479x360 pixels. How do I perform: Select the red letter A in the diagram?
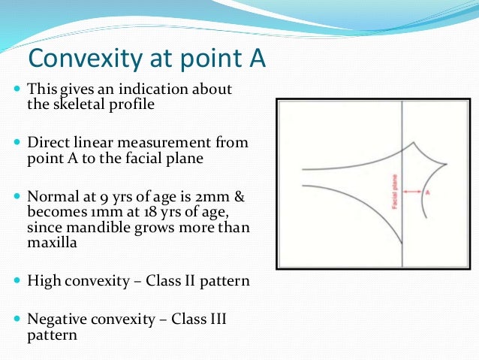tap(427, 192)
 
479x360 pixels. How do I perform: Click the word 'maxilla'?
tap(53, 243)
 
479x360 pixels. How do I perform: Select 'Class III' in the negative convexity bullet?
tap(197, 319)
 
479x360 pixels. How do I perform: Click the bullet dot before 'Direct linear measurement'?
tap(18, 142)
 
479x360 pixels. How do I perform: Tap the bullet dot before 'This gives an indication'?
tap(18, 89)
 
